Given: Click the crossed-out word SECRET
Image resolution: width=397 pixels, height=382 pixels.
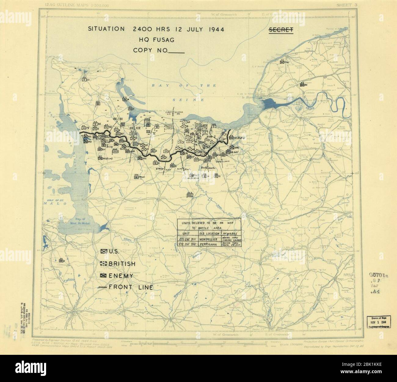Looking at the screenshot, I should point(281,30).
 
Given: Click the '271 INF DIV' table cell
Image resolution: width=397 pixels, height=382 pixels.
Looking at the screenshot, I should point(187,240).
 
